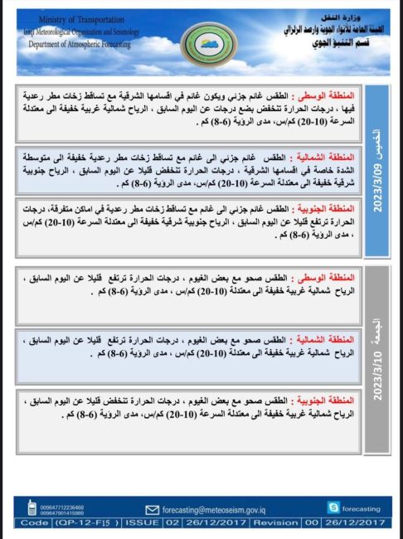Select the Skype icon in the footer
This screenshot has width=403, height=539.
(333, 507)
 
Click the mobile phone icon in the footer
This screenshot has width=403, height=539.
(32, 507)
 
